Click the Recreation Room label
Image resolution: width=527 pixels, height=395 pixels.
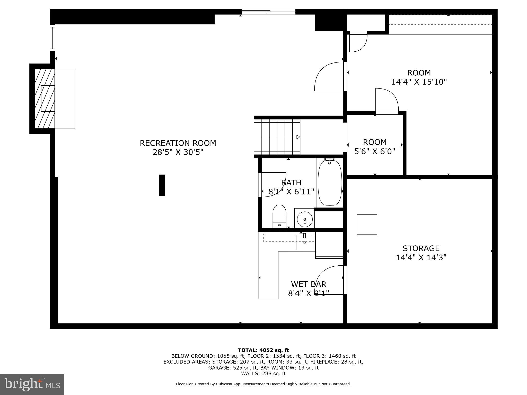click(178, 143)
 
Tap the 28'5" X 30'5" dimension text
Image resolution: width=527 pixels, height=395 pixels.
click(178, 152)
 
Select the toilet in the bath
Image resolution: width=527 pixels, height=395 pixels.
click(279, 216)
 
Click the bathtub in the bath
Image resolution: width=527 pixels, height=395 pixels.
click(330, 183)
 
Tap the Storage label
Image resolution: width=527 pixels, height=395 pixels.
click(421, 248)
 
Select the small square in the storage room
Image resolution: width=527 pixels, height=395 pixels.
click(367, 225)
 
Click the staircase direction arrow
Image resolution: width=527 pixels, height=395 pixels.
click(298, 137)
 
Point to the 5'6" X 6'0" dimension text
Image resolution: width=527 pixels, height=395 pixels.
click(375, 151)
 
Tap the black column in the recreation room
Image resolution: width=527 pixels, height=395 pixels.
click(162, 185)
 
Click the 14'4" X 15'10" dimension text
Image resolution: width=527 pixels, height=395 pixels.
click(419, 82)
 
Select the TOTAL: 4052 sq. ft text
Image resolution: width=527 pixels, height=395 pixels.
click(263, 350)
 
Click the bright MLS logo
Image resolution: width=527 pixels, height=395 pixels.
click(32, 384)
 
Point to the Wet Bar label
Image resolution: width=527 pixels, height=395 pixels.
click(309, 284)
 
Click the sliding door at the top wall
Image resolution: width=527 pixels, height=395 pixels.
click(268, 12)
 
